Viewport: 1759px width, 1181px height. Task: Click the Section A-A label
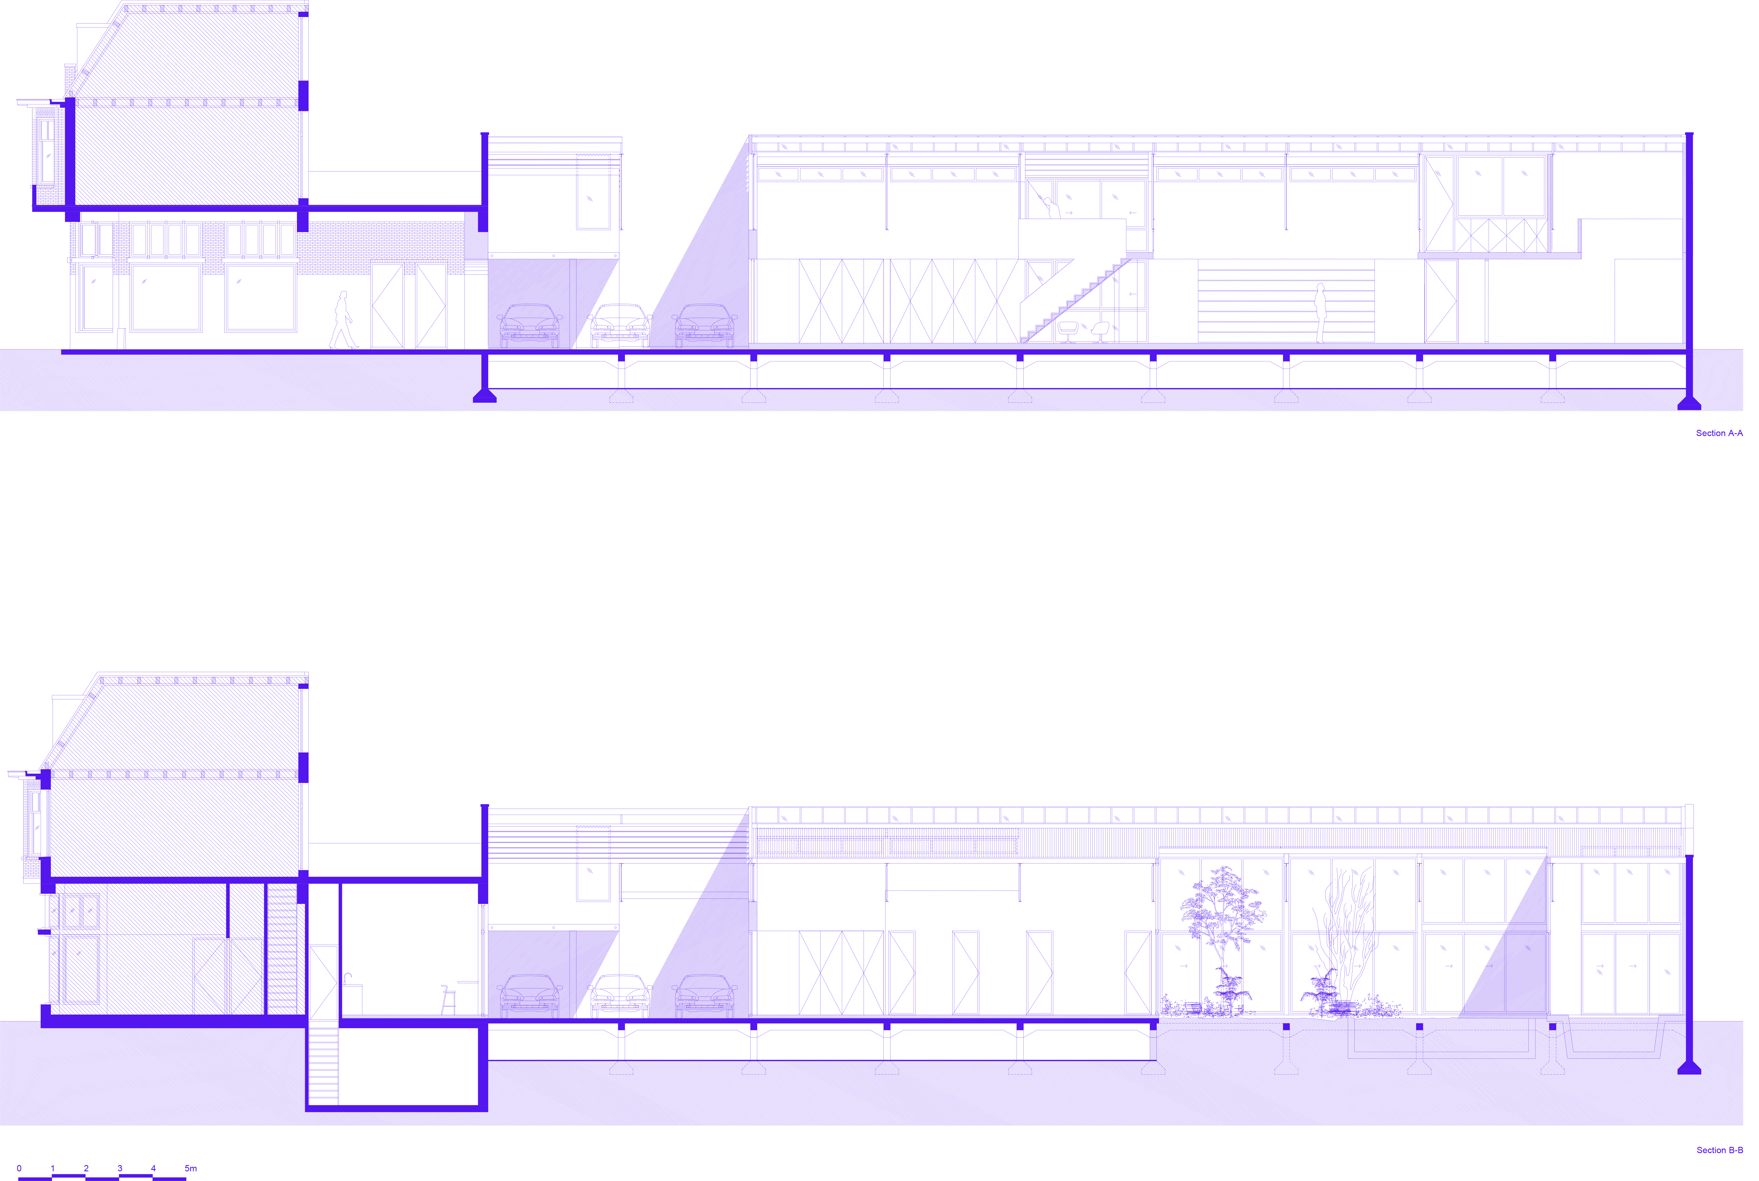click(1718, 433)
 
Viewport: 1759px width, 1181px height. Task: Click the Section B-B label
click(1718, 1150)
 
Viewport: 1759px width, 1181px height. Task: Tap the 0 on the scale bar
click(19, 1168)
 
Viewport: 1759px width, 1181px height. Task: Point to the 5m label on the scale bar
click(191, 1168)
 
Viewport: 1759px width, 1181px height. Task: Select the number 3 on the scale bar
click(120, 1168)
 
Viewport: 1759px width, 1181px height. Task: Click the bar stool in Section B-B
click(449, 1000)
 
